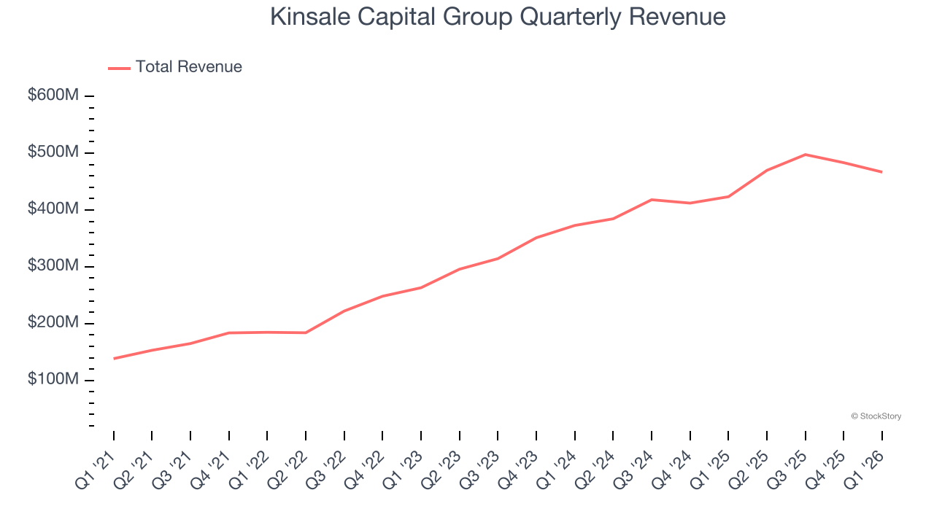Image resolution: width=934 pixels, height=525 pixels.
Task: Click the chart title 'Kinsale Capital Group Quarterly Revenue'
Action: coord(498,17)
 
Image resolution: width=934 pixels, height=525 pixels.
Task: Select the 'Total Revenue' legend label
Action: coord(188,67)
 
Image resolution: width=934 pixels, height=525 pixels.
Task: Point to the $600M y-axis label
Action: coord(53,96)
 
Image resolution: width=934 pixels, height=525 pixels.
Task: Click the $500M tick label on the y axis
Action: coord(53,152)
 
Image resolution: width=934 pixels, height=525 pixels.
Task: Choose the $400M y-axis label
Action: coord(53,209)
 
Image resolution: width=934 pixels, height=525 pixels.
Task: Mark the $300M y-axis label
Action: coord(53,266)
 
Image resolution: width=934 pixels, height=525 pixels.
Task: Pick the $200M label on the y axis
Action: coord(53,323)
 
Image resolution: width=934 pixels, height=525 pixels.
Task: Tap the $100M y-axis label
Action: coord(53,380)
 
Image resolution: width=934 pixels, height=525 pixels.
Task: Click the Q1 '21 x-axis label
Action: coord(96,467)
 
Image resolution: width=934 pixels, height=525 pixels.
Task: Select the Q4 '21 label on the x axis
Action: coord(212,467)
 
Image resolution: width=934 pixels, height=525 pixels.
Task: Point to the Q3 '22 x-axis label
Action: coord(327,467)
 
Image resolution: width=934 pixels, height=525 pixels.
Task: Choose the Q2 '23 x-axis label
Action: coord(442,467)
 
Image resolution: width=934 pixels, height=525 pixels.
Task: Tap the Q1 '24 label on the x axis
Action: coord(557,467)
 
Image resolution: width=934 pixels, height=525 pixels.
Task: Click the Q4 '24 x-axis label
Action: coord(673,467)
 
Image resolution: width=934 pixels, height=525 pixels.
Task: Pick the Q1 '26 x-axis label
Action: coord(865,467)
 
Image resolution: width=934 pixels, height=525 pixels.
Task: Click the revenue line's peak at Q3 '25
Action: coord(805,155)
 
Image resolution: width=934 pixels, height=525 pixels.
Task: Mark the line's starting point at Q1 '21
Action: coord(114,358)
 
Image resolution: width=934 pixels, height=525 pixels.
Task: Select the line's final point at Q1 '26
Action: coord(881,172)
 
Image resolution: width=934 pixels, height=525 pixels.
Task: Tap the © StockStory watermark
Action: coord(876,416)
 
